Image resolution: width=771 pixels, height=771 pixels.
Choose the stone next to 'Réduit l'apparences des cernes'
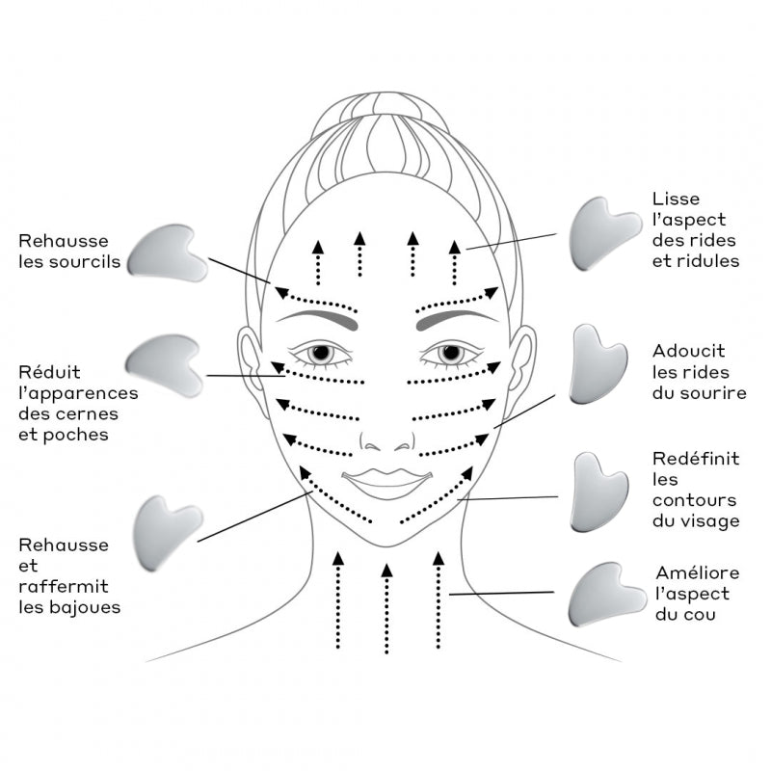click(164, 364)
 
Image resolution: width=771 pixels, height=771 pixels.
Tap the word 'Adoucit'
click(688, 351)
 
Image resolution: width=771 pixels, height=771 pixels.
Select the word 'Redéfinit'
click(695, 458)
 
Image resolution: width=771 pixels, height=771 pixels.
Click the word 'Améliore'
click(698, 573)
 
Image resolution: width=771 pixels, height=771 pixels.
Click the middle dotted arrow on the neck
click(385, 607)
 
